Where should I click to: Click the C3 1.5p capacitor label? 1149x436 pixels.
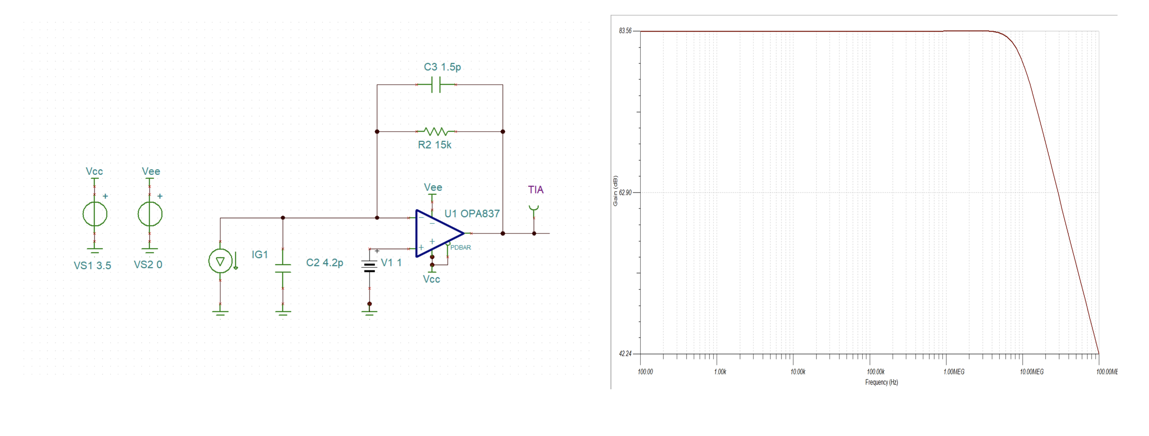point(442,67)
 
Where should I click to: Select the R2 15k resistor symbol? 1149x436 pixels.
point(436,132)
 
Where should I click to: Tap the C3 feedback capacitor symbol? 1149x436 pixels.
point(436,85)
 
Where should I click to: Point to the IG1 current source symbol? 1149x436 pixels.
point(220,261)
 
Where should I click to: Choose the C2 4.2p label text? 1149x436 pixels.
point(324,263)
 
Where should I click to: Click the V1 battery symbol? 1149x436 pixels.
point(369,267)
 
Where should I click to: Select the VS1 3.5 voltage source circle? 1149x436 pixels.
point(95,214)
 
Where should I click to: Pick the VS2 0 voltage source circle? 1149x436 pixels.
point(150,214)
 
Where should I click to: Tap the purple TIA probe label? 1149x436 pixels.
point(536,190)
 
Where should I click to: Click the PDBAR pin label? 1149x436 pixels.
point(461,248)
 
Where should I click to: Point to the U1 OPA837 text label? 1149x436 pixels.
point(472,214)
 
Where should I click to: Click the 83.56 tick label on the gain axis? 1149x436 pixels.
point(625,31)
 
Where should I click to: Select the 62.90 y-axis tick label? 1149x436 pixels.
point(625,192)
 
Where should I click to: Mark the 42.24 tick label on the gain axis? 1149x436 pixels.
point(625,354)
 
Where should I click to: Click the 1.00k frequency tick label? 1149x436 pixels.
point(720,372)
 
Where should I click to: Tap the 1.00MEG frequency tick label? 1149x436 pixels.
point(954,372)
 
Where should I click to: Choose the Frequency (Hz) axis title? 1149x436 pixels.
point(881,383)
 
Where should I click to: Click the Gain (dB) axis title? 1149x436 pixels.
point(615,191)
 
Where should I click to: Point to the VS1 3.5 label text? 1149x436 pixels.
point(92,266)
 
